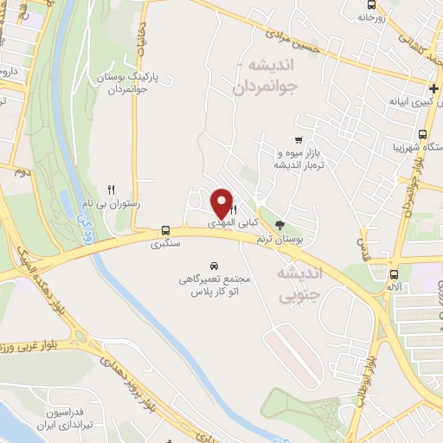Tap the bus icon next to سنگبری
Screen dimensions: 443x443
164,230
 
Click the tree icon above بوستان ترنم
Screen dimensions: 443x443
279,225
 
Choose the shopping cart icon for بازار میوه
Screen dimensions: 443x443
299,139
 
